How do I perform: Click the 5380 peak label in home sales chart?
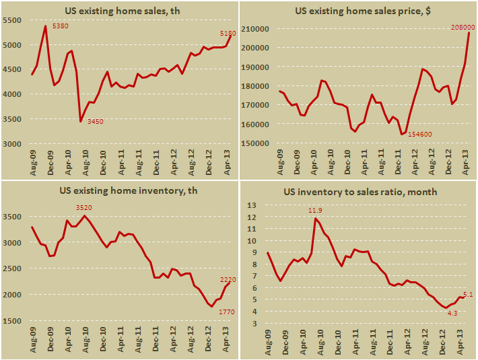click(x=61, y=26)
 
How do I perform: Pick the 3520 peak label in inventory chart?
click(x=83, y=208)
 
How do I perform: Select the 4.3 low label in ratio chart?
click(x=443, y=313)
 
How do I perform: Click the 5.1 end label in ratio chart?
click(x=467, y=293)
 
